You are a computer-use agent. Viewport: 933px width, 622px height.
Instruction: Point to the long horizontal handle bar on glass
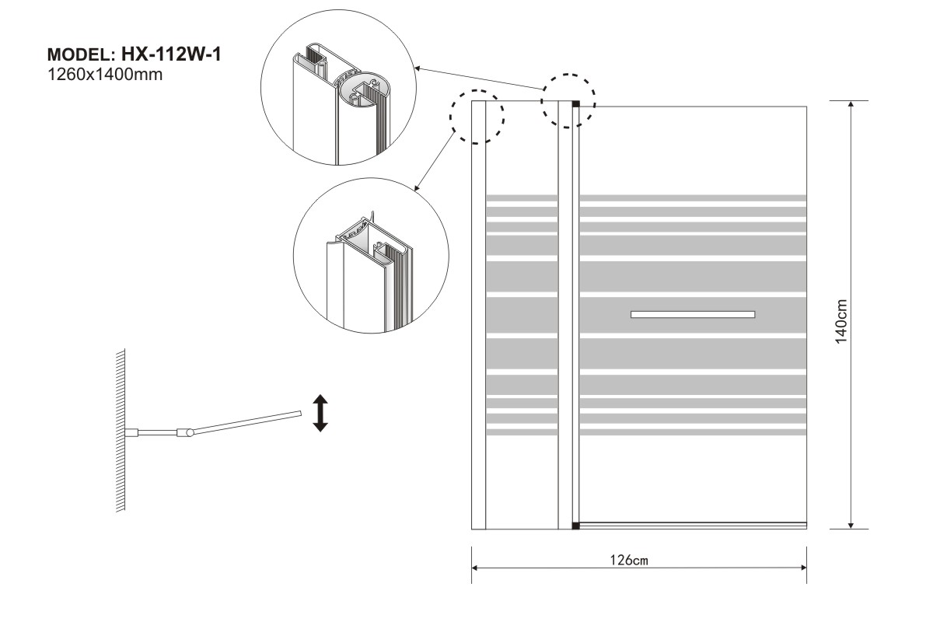(x=693, y=314)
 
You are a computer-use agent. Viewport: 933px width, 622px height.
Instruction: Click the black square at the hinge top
(x=576, y=103)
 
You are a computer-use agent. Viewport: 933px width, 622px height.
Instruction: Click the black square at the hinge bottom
(x=576, y=526)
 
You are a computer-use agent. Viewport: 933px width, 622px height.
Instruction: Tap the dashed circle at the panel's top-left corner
(x=477, y=116)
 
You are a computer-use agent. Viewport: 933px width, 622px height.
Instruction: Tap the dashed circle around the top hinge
(x=568, y=101)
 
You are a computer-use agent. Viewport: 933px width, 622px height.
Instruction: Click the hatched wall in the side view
(x=121, y=432)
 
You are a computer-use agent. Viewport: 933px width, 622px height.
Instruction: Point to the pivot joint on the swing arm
(x=185, y=432)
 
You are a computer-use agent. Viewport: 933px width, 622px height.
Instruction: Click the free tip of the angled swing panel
(x=298, y=414)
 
